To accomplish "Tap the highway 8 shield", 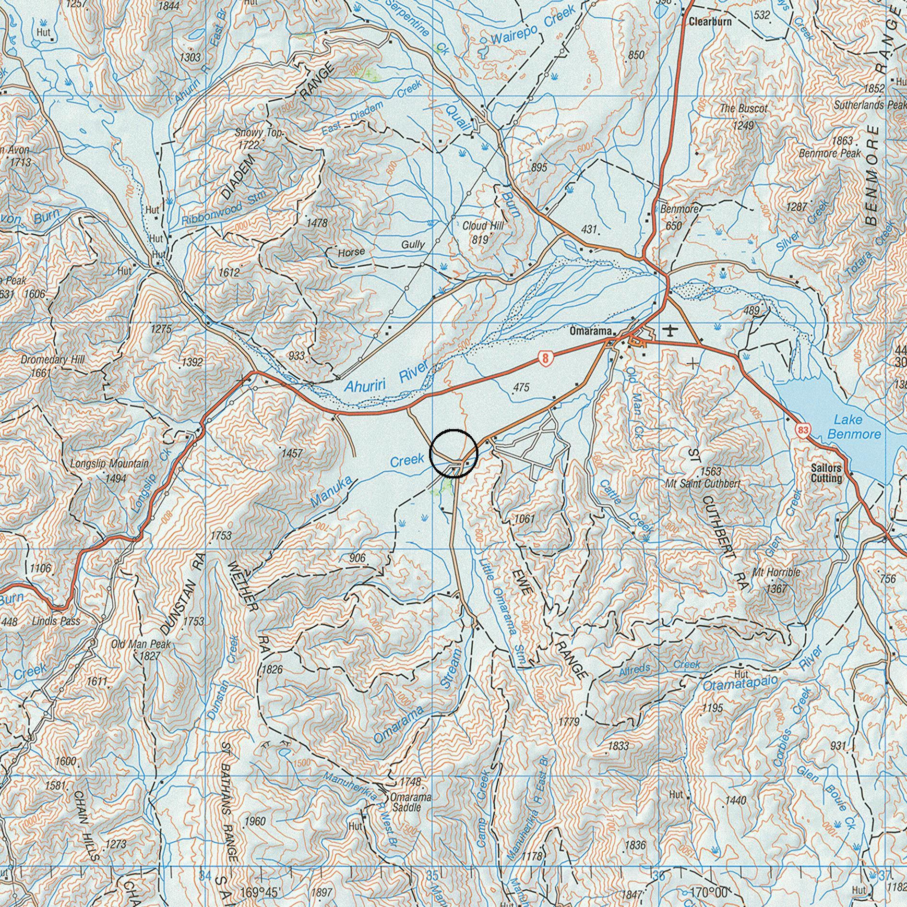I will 544,358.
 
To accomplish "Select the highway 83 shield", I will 802,429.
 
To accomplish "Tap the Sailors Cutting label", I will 826,473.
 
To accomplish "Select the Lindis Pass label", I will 56,621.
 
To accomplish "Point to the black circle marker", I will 453,453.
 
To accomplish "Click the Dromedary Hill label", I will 52,360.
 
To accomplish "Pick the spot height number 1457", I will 292,453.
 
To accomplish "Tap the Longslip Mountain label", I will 109,464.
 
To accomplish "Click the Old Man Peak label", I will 140,644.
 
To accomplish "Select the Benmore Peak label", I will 830,154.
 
